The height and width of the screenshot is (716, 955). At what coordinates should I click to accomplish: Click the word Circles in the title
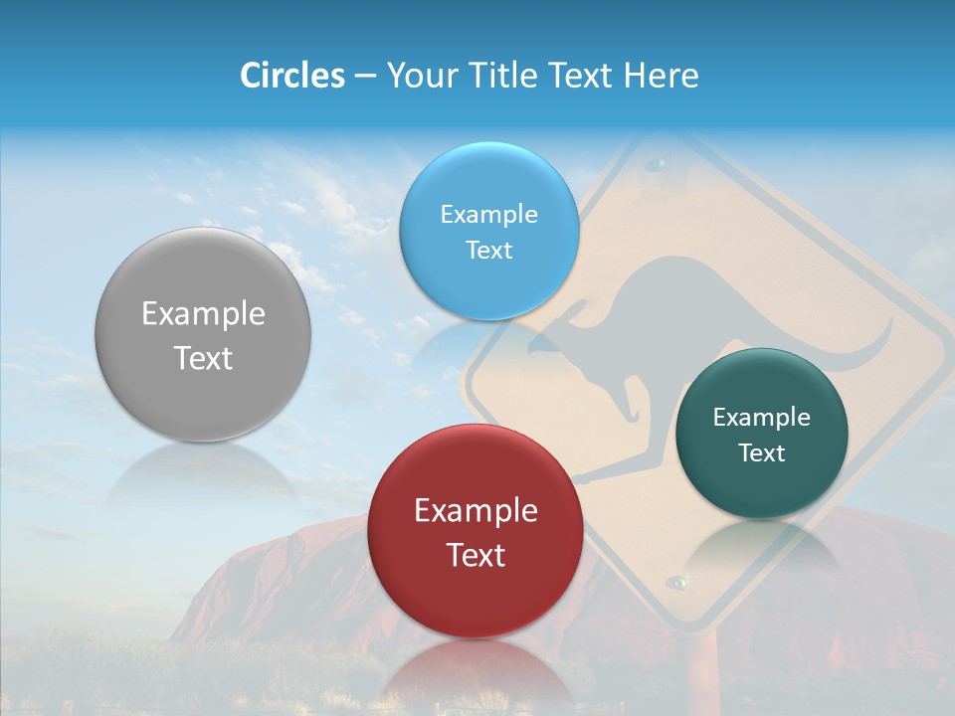pos(291,76)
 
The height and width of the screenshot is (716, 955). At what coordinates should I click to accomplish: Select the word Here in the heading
pos(662,76)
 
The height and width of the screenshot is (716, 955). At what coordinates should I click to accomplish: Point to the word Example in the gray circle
pos(203,314)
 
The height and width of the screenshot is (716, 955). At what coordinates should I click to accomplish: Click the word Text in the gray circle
pos(203,358)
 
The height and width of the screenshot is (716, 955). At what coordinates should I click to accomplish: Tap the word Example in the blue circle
pos(488,215)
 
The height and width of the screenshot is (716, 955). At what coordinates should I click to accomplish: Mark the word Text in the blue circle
pos(488,251)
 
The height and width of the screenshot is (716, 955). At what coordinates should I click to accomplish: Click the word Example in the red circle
pos(475,511)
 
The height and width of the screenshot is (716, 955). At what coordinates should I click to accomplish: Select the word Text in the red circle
pos(475,555)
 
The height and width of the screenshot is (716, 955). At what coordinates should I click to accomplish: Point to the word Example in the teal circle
pos(761,418)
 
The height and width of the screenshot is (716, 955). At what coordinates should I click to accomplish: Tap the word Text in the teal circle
pos(761,453)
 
